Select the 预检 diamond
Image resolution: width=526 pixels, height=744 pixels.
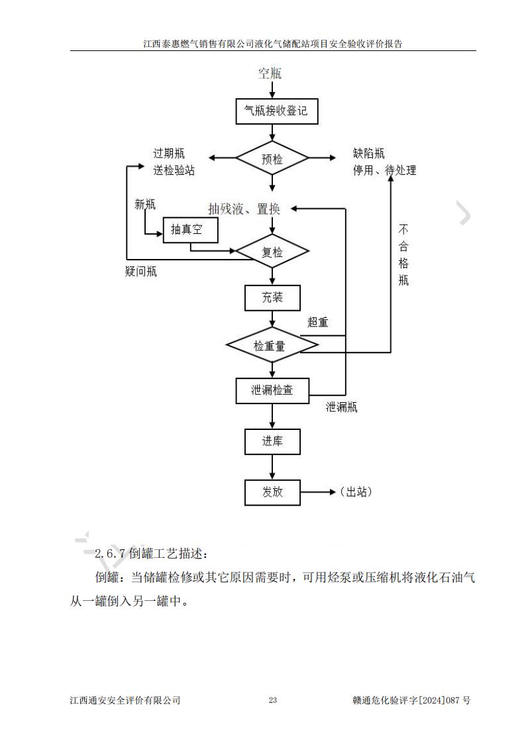[x=272, y=159]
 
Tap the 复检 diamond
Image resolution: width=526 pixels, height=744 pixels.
[x=272, y=252]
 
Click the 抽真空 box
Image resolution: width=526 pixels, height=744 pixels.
[x=190, y=230]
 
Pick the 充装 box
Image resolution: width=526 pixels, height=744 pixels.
[x=272, y=297]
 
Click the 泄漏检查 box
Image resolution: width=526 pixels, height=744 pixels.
[x=272, y=390]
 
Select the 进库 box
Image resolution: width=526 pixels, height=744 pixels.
[x=272, y=441]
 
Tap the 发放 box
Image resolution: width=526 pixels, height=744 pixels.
[x=272, y=492]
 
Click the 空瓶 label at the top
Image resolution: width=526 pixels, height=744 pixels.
[x=270, y=73]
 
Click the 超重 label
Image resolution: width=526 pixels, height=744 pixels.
[x=317, y=323]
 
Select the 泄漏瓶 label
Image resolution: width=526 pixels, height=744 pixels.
[x=341, y=407]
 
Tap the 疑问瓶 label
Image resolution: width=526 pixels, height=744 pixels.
[x=141, y=272]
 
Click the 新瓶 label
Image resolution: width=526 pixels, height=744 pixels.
[x=145, y=205]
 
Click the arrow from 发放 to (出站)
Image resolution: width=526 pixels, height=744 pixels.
[x=319, y=492]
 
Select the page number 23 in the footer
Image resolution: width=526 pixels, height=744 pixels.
[x=272, y=700]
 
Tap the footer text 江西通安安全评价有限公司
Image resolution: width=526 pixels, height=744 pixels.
[x=125, y=700]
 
